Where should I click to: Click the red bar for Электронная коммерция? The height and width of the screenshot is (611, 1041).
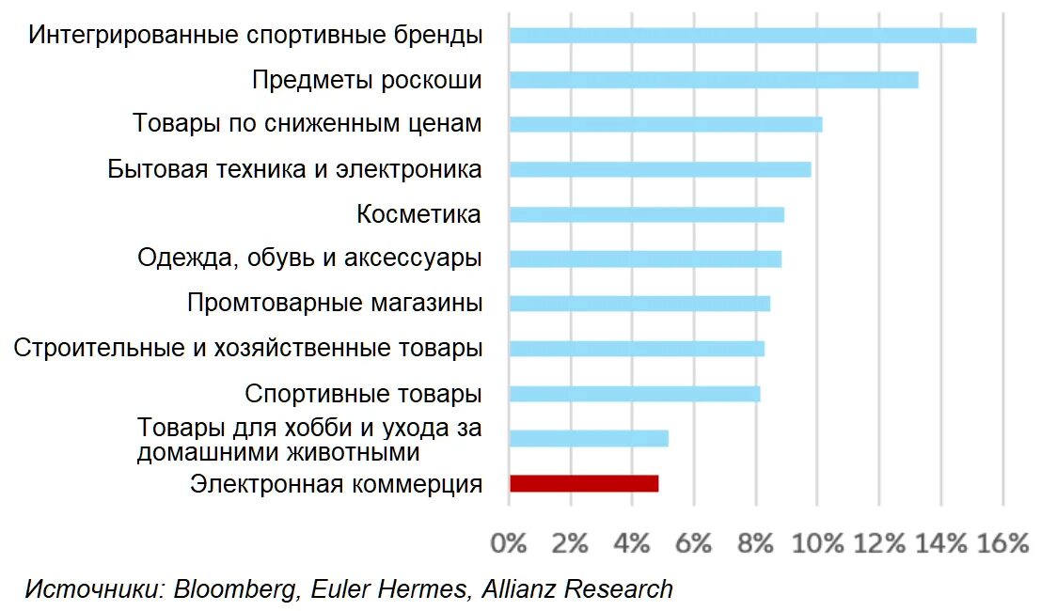point(584,483)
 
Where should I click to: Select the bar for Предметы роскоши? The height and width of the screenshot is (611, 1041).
point(714,80)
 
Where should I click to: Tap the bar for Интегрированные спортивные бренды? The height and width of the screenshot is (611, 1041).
point(743,35)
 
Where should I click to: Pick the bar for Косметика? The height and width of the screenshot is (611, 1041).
point(647,214)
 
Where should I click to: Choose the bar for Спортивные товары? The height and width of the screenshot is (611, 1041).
point(635,394)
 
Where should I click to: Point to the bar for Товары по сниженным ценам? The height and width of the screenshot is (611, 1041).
point(666,124)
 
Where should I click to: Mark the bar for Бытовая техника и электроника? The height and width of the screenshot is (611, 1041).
point(660,169)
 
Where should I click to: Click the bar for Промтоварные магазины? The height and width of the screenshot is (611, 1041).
point(640,304)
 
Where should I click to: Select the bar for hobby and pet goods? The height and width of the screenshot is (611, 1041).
point(589,439)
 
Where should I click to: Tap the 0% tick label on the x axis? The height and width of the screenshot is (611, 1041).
point(509,543)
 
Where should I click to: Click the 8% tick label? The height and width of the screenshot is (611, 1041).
point(755,543)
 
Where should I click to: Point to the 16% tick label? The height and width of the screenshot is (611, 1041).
point(1002,543)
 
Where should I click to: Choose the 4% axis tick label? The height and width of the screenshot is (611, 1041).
point(632,543)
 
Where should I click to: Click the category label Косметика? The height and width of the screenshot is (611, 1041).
point(418,214)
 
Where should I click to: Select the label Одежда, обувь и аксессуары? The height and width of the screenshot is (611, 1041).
point(309,258)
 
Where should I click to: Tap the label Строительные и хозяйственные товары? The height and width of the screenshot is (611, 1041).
point(247,349)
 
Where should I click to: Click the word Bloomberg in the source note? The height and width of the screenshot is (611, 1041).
point(236,589)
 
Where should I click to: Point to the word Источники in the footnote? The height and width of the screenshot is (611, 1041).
point(95,589)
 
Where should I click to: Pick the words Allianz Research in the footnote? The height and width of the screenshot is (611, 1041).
point(577,589)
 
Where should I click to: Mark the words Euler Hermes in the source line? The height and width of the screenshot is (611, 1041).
point(389,589)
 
